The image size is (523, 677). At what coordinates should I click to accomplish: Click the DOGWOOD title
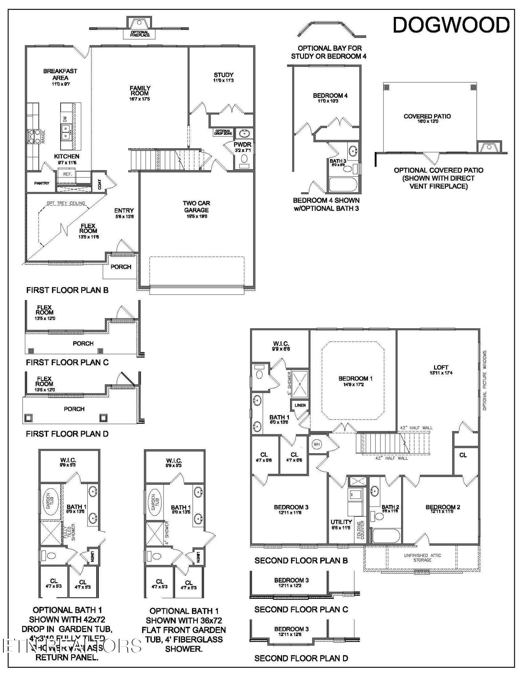pyautogui.click(x=451, y=25)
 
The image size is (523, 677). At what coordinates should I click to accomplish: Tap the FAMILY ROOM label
pyautogui.click(x=140, y=91)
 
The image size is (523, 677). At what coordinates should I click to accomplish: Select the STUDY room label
pyautogui.click(x=223, y=75)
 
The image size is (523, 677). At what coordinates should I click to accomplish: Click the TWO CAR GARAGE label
pyautogui.click(x=196, y=206)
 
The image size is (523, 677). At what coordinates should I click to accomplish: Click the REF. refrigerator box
pyautogui.click(x=67, y=174)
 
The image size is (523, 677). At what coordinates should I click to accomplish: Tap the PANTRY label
pyautogui.click(x=42, y=183)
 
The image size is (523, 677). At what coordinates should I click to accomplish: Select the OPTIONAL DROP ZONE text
pyautogui.click(x=223, y=132)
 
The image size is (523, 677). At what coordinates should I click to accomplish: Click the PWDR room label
pyautogui.click(x=242, y=145)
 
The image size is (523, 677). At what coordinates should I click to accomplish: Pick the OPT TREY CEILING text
pyautogui.click(x=66, y=203)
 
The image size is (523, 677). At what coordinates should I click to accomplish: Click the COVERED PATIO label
pyautogui.click(x=427, y=116)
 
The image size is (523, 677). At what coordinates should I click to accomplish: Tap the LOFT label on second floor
pyautogui.click(x=441, y=367)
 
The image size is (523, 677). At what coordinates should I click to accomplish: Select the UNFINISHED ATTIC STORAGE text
pyautogui.click(x=422, y=558)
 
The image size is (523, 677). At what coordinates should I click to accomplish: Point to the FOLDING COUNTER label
pyautogui.click(x=360, y=530)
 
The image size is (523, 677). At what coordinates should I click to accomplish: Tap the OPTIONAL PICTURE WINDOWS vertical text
pyautogui.click(x=484, y=380)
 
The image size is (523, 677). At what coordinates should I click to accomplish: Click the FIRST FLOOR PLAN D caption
pyautogui.click(x=67, y=434)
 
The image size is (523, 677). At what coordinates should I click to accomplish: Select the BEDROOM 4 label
pyautogui.click(x=330, y=96)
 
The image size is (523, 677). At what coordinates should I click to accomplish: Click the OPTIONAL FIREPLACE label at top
pyautogui.click(x=140, y=34)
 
